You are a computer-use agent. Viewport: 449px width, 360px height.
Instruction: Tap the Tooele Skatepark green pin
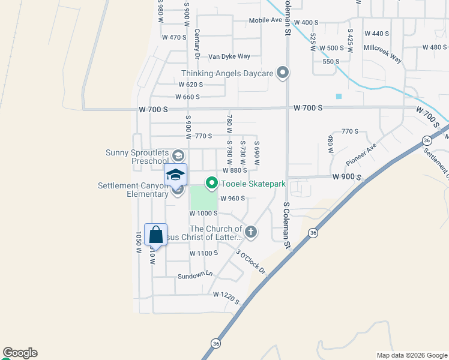point(211,184)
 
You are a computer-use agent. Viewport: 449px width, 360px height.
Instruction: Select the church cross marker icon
point(251,232)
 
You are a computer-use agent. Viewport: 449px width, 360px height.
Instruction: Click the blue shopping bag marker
point(155,235)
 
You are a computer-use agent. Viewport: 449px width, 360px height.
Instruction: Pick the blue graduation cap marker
point(175,175)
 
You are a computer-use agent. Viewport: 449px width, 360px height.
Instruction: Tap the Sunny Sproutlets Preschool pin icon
point(178,155)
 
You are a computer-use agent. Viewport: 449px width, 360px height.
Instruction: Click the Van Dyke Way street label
point(229,56)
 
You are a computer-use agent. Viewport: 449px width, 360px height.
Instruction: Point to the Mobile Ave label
point(265,20)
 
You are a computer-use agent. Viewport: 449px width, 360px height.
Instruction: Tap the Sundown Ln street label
point(194,275)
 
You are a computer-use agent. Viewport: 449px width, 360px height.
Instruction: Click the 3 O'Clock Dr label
point(250,262)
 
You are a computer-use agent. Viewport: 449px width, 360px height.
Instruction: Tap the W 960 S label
point(233,199)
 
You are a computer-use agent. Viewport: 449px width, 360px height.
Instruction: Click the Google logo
point(20,353)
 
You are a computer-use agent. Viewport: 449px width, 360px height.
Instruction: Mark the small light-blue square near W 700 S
point(339,96)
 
